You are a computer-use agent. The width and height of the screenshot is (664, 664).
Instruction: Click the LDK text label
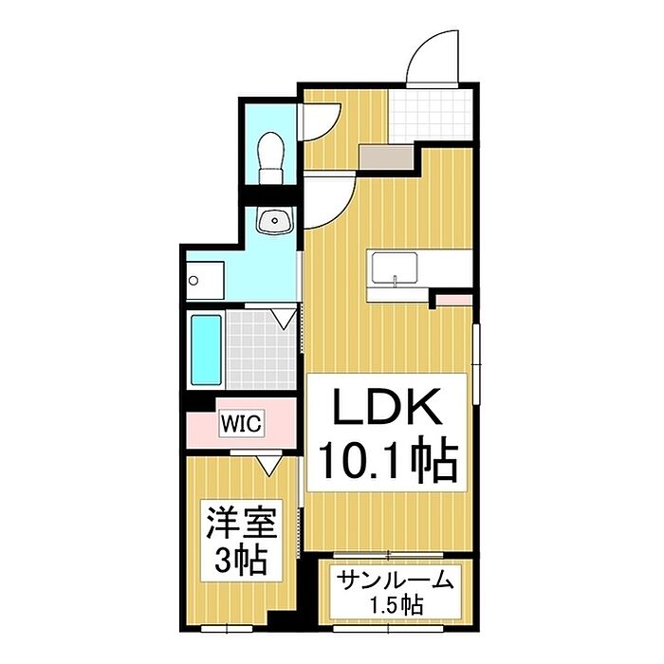tap(387, 407)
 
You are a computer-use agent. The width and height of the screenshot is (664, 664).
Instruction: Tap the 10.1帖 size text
tap(388, 460)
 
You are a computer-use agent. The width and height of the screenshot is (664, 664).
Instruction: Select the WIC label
tap(241, 423)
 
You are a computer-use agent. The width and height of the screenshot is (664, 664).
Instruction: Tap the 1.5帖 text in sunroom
tap(397, 605)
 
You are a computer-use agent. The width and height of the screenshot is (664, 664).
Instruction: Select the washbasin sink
tap(275, 221)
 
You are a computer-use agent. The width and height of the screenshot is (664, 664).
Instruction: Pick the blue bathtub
tap(206, 350)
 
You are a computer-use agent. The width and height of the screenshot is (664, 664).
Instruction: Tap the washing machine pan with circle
tap(206, 281)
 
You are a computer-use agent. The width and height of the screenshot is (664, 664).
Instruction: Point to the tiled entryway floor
tap(431, 115)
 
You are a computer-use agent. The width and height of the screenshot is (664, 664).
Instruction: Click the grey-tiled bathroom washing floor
tap(261, 350)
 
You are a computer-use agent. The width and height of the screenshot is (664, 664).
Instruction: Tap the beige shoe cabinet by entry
tap(386, 157)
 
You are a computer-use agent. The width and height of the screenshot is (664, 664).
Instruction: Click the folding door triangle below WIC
tap(269, 465)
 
